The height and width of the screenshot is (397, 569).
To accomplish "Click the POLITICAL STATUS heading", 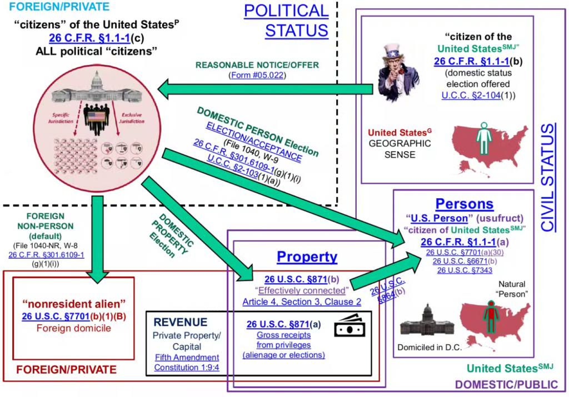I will pyautogui.click(x=286, y=20).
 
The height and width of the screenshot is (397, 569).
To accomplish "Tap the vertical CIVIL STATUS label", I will pyautogui.click(x=547, y=177).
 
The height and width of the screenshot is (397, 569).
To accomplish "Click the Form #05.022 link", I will pyautogui.click(x=257, y=75).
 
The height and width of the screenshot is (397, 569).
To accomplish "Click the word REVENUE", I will pyautogui.click(x=181, y=322).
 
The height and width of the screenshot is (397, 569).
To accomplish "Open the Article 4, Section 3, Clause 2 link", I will pyautogui.click(x=302, y=301).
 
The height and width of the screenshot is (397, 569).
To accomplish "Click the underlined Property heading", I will pyautogui.click(x=307, y=257).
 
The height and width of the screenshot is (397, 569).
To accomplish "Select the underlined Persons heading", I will pyautogui.click(x=464, y=204).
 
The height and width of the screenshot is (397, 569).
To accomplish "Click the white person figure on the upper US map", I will pyautogui.click(x=483, y=138).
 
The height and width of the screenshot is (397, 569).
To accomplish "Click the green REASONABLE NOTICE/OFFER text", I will pyautogui.click(x=256, y=65).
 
